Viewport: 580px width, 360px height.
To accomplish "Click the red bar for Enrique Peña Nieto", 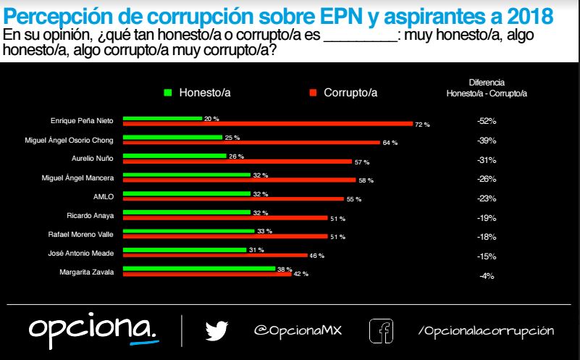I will click(x=268, y=124).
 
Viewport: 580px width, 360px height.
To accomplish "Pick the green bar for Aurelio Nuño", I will click(x=175, y=156).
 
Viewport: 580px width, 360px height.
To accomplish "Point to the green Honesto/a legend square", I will click(x=168, y=93).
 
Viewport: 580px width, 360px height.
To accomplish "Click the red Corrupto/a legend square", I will click(x=313, y=93).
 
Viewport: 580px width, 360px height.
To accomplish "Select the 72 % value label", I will click(x=422, y=125).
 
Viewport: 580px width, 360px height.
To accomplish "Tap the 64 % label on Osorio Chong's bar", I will click(x=390, y=143).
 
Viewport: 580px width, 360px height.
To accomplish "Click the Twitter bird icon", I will click(x=216, y=331).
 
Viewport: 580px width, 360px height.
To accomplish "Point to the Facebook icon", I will click(x=381, y=331).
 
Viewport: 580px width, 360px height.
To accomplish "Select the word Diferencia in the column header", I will click(x=487, y=83).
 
